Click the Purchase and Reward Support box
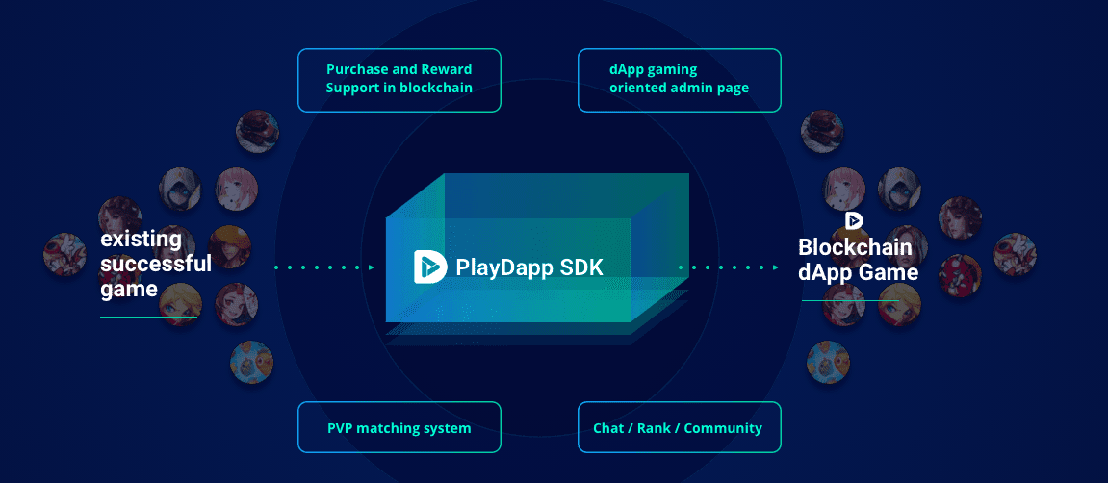pos(399,79)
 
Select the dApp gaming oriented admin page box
pos(679,79)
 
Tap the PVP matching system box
pos(399,427)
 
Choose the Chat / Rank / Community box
pos(679,427)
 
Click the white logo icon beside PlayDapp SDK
pos(429,267)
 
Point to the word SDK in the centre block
pos(580,267)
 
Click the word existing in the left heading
pos(141,239)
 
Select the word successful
pos(156,263)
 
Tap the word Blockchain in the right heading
pos(855,248)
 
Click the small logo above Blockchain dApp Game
pos(853,220)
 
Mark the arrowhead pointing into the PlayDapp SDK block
pos(371,267)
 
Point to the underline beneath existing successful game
pos(149,316)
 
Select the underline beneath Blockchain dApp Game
pos(850,300)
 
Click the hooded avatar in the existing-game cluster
pos(180,188)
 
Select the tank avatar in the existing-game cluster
pos(252,361)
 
